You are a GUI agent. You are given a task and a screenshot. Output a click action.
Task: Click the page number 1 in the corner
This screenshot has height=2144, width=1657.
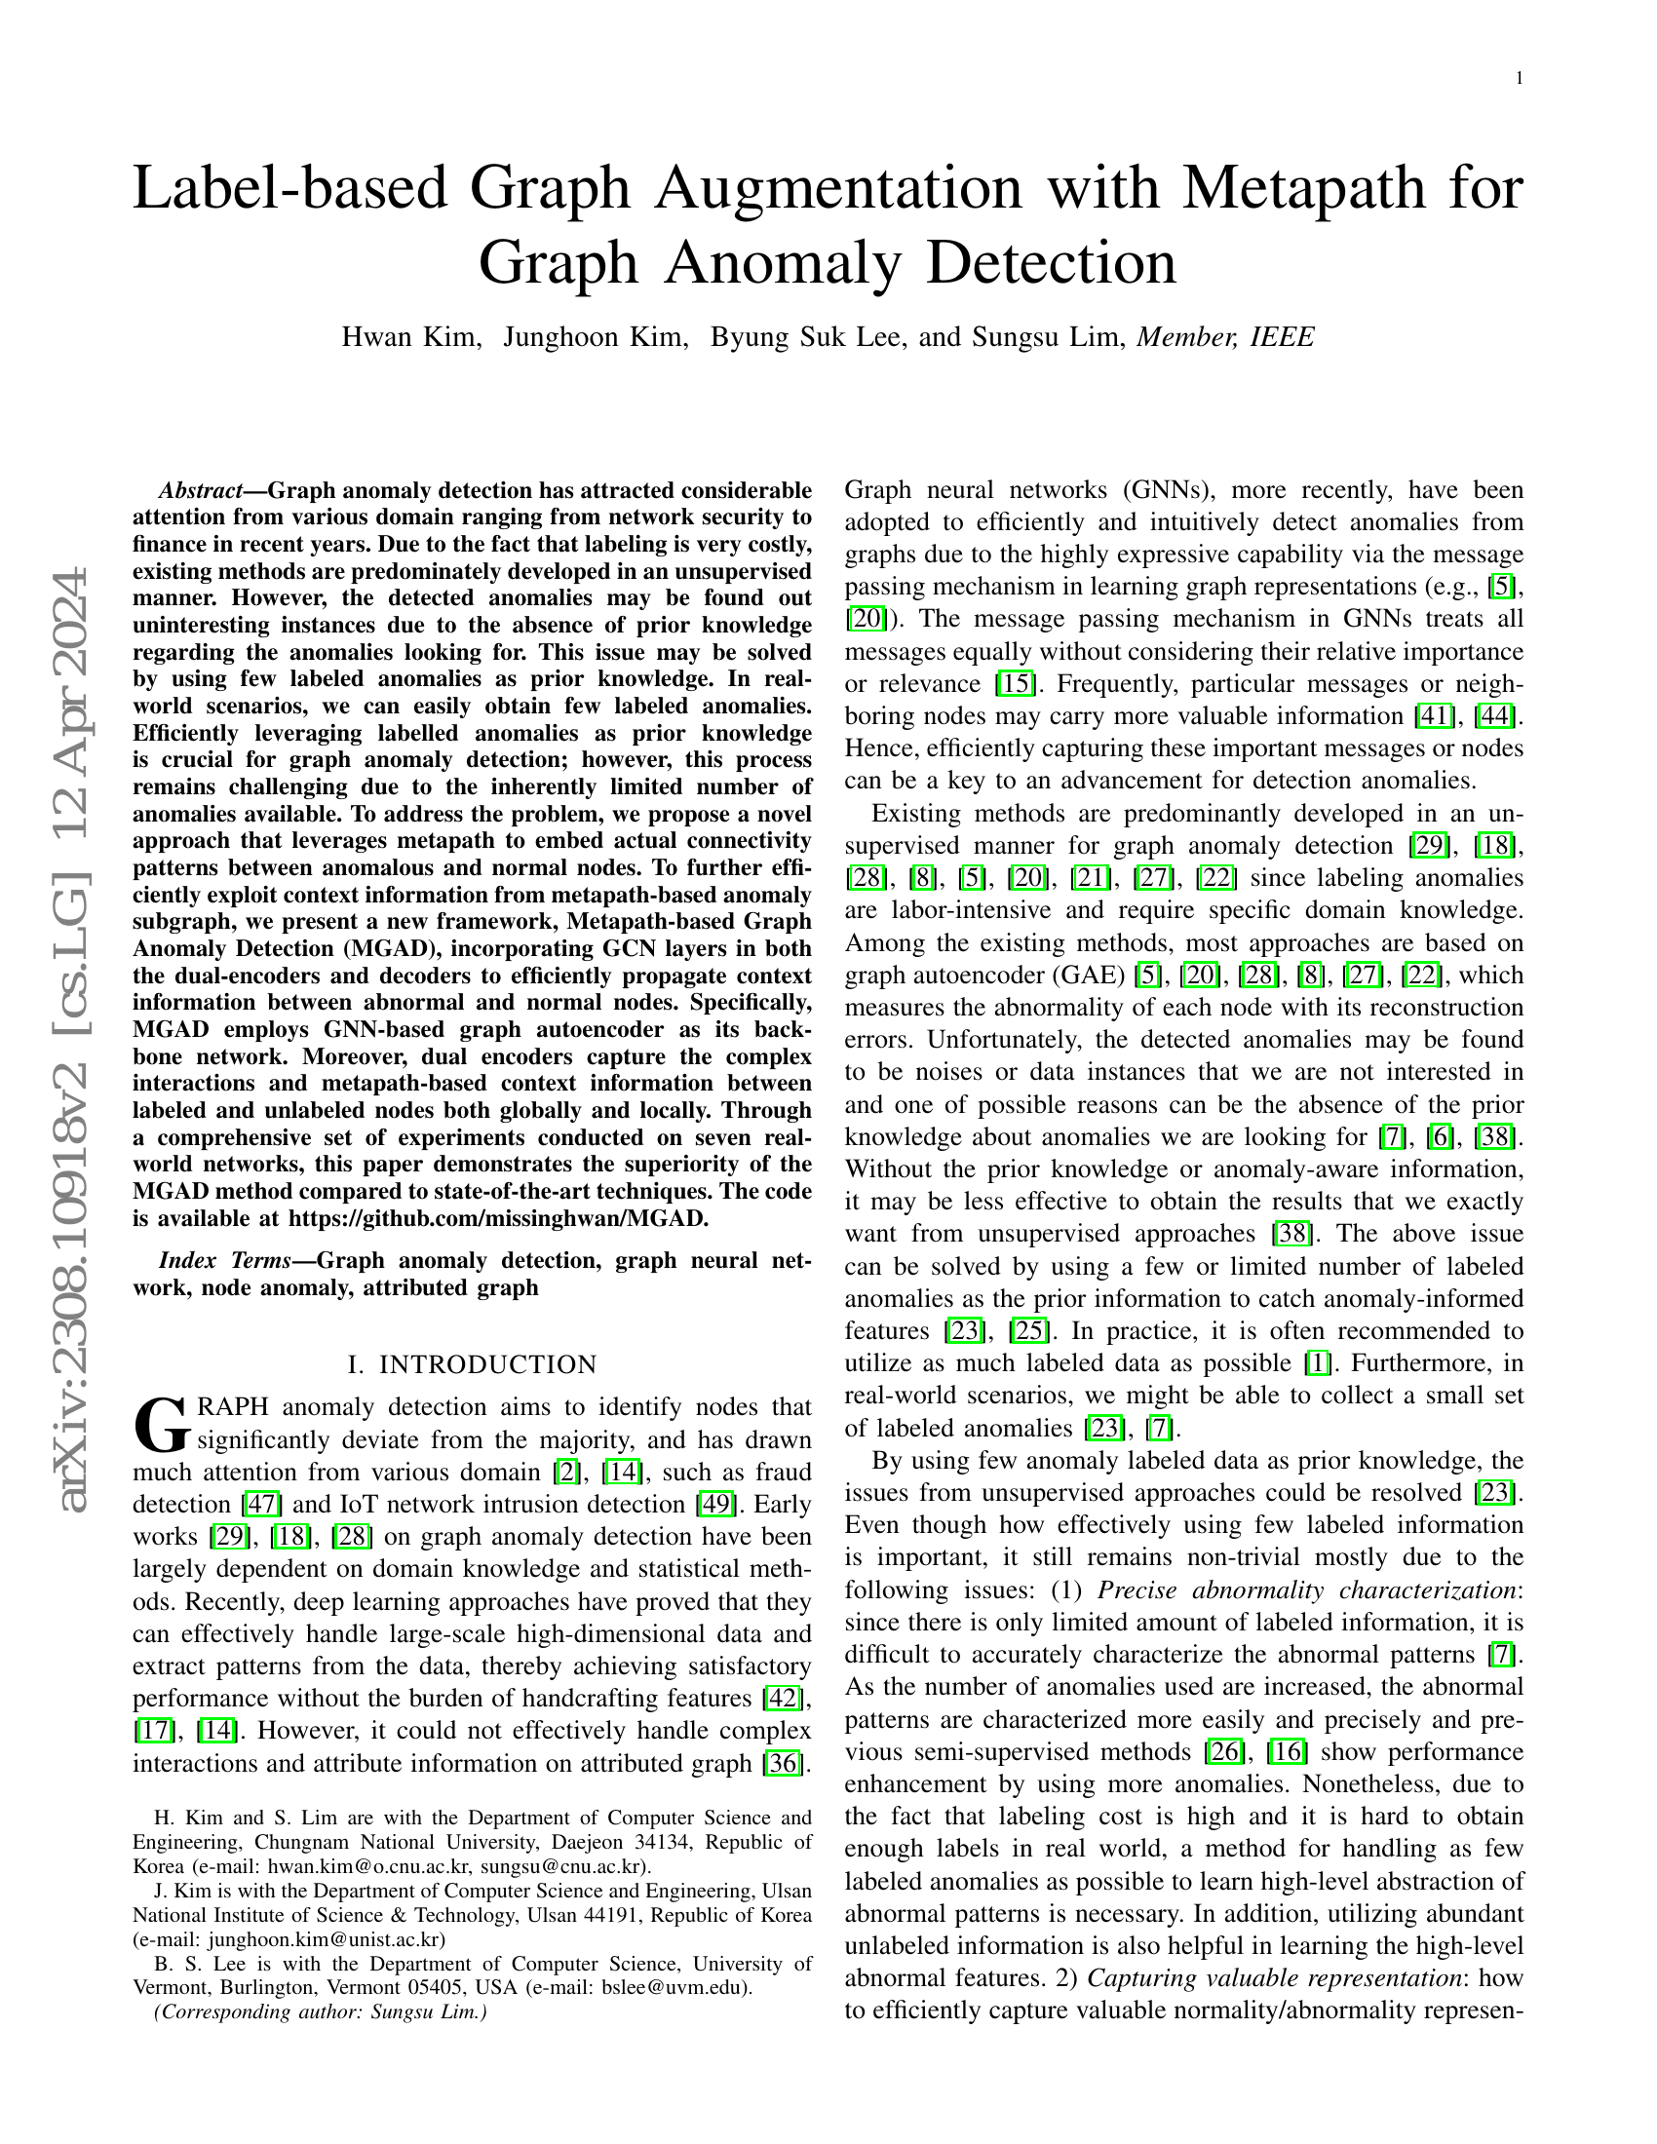[x=1520, y=80]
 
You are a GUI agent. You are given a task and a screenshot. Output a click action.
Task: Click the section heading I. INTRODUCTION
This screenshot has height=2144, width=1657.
[x=472, y=1364]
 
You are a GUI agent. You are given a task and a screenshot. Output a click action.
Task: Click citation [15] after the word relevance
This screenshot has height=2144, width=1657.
[x=1016, y=683]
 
